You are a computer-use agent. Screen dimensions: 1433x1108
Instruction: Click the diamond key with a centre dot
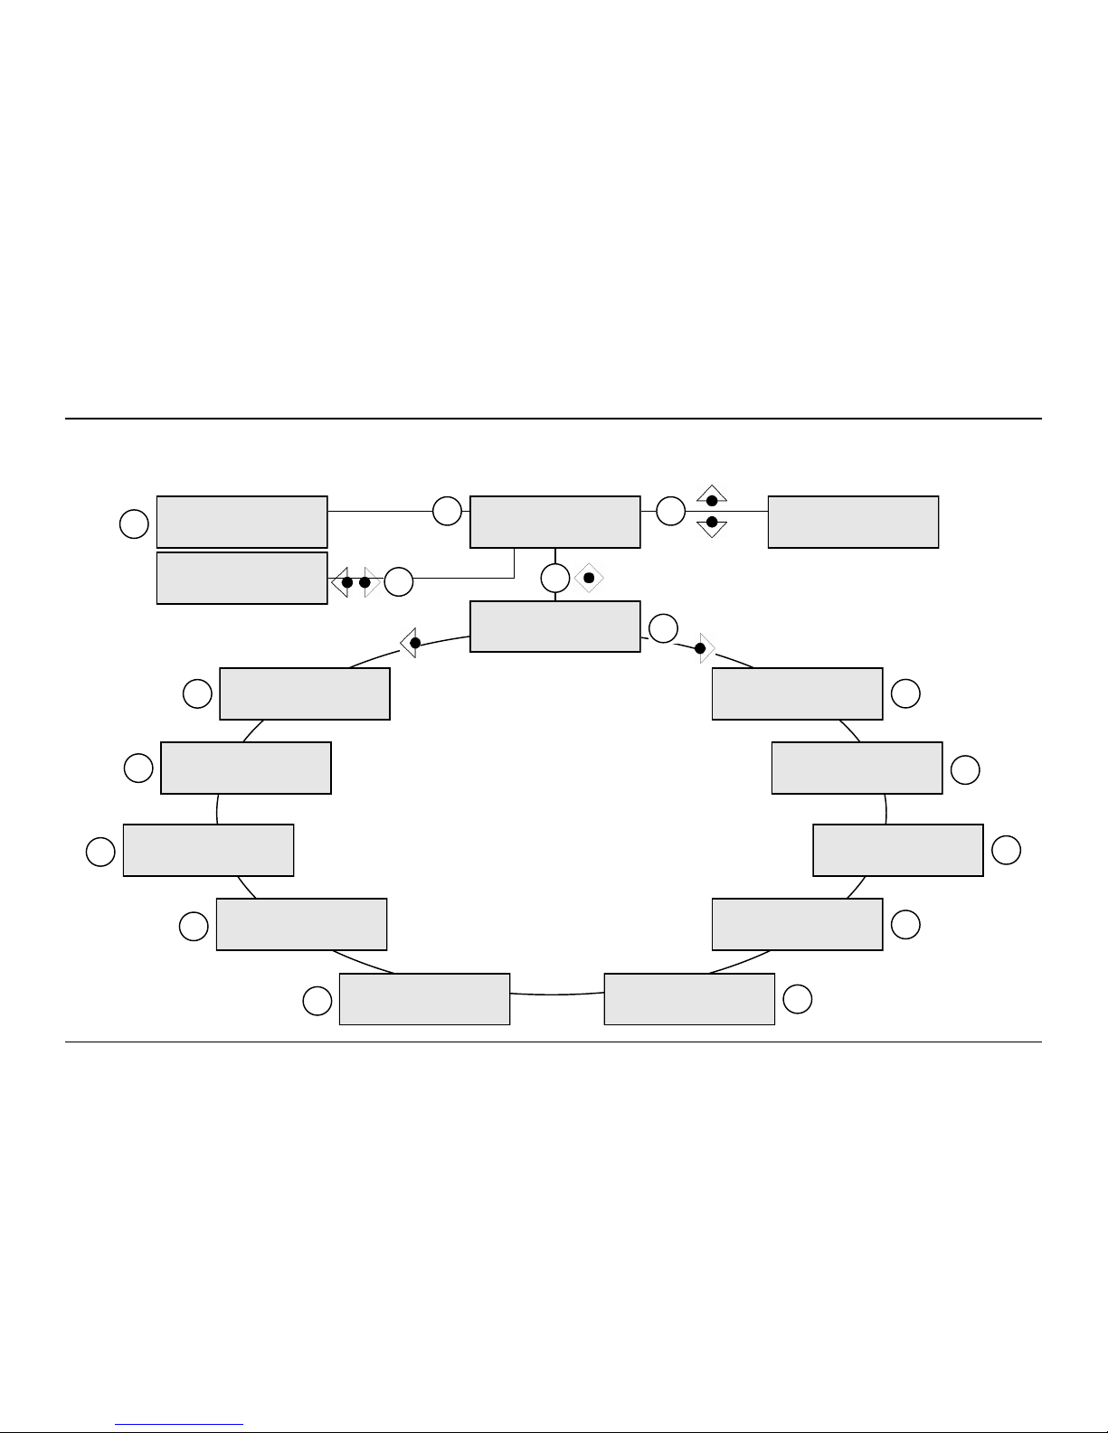[588, 578]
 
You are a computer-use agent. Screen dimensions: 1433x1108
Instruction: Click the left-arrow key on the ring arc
[411, 643]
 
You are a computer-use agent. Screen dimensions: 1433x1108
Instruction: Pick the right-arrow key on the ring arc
[704, 648]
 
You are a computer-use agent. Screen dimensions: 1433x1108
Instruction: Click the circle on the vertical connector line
[555, 578]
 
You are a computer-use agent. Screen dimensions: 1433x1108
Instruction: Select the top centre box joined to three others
[555, 522]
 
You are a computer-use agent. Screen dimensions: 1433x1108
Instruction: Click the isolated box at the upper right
[853, 522]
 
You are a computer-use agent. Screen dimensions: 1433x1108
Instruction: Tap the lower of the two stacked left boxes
[241, 578]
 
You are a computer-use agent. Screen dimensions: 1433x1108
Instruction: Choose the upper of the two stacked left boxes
[241, 522]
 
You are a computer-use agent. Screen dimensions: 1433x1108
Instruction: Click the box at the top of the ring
[555, 626]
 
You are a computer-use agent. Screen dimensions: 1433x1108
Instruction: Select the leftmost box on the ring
[208, 850]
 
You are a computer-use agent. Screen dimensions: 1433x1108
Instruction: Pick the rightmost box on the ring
[898, 850]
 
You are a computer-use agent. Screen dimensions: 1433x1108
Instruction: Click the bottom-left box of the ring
[424, 999]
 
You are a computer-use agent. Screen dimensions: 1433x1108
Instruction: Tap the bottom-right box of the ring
[689, 999]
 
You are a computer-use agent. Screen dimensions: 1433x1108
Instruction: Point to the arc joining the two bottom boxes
[556, 995]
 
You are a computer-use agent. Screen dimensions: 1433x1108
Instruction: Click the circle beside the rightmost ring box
[1007, 850]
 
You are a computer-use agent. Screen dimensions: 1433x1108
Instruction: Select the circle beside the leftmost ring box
[100, 852]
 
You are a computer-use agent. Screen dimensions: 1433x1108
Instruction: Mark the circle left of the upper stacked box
[134, 523]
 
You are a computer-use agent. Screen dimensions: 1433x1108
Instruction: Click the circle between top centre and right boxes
[670, 511]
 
